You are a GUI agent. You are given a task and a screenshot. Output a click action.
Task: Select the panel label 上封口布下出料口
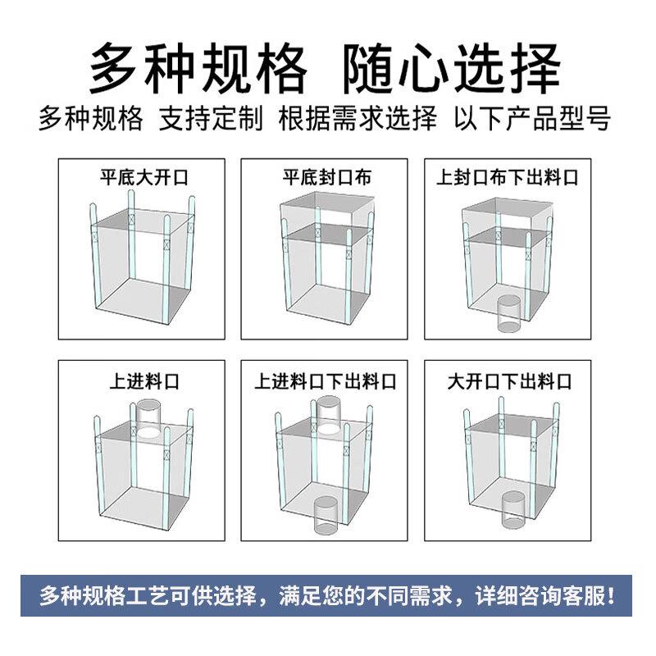click(507, 176)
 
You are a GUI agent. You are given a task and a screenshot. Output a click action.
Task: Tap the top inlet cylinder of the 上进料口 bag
click(149, 417)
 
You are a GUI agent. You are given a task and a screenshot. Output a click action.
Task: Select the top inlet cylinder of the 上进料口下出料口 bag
click(329, 415)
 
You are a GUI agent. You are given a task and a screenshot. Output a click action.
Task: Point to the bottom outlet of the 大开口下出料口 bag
click(512, 508)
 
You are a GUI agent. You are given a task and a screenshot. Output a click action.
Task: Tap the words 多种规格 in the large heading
click(197, 65)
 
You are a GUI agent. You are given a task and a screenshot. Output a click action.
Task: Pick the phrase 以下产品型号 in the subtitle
click(533, 118)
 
